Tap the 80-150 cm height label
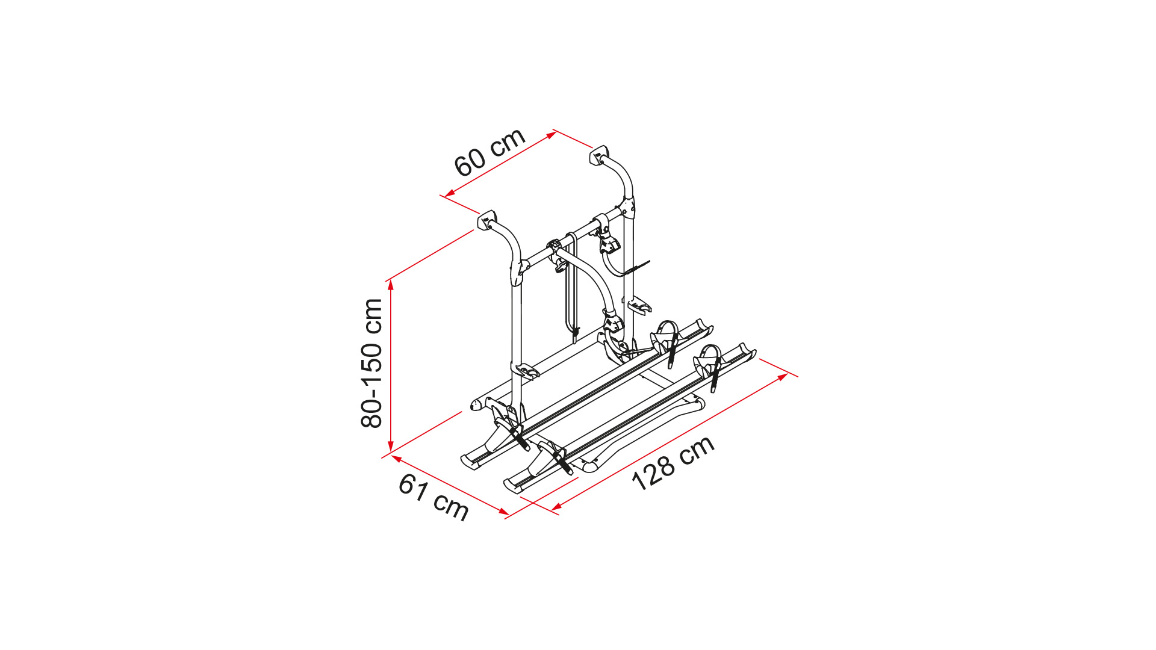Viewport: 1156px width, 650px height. point(372,364)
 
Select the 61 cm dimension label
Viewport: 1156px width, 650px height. point(433,497)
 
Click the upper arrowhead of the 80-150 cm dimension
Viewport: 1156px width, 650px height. point(391,286)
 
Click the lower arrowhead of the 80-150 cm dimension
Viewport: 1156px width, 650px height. point(391,446)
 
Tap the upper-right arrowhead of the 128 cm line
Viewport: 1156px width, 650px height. point(783,377)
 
